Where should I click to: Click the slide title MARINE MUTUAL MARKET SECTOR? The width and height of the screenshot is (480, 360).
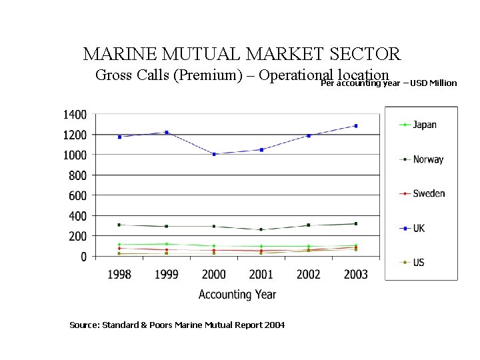click(241, 53)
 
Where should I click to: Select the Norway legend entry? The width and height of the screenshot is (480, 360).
click(421, 159)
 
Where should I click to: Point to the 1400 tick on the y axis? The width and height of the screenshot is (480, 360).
click(75, 115)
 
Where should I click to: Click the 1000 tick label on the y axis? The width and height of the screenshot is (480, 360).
click(75, 155)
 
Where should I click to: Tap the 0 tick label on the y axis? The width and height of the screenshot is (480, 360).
click(83, 257)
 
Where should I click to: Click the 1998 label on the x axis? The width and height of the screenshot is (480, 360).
click(119, 275)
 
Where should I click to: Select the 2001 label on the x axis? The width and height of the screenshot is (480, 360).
click(261, 275)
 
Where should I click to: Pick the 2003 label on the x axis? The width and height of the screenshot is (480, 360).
click(355, 275)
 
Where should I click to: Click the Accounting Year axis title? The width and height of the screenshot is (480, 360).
click(237, 294)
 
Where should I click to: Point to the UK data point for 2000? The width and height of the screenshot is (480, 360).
click(214, 154)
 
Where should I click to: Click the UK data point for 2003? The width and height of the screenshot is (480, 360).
click(355, 126)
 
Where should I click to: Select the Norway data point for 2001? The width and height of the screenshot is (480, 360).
click(261, 229)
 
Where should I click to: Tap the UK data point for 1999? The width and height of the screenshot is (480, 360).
click(167, 133)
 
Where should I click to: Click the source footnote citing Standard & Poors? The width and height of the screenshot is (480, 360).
click(177, 325)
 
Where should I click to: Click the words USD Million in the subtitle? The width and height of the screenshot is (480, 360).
click(433, 83)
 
